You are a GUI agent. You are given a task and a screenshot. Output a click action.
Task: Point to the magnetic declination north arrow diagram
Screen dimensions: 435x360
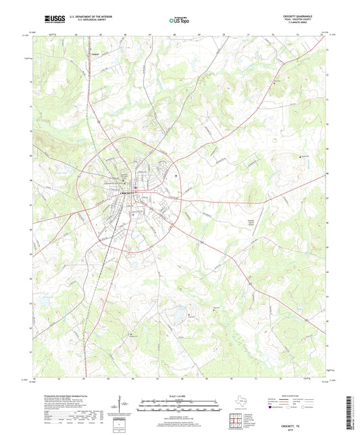point(122,409)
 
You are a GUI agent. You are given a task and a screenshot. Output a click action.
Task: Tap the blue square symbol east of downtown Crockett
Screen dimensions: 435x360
point(176,178)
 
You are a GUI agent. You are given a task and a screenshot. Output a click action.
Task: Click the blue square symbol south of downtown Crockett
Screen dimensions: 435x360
point(134,214)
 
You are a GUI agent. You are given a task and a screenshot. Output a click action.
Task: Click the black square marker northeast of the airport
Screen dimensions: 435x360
point(301,157)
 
